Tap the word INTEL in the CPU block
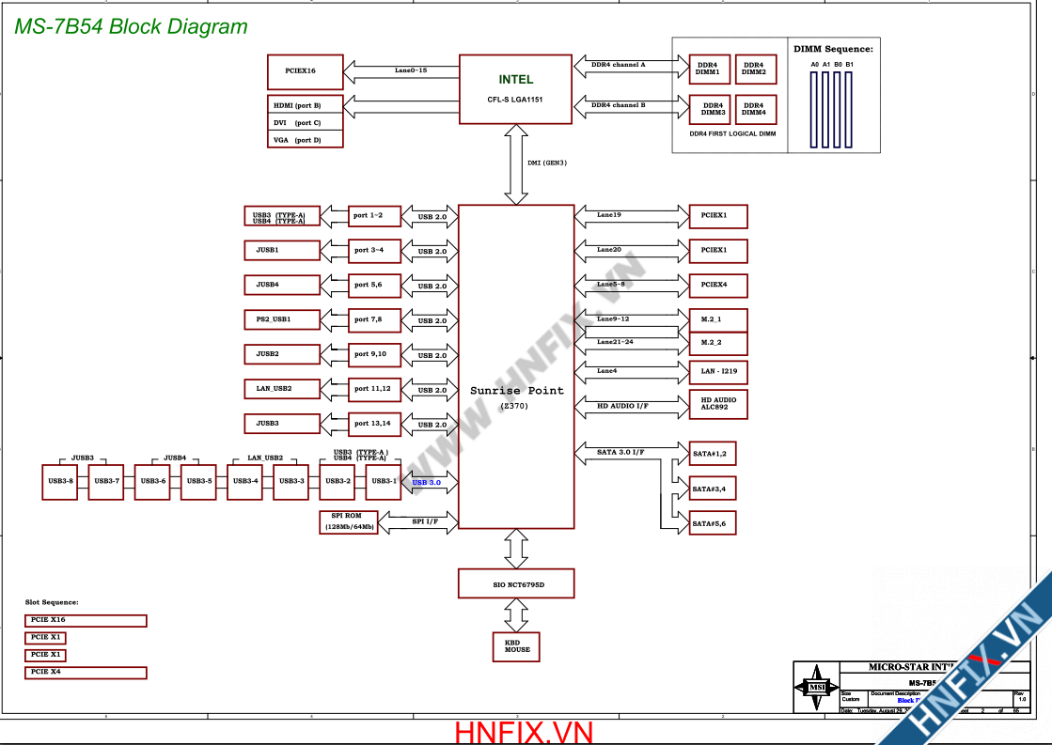(x=515, y=80)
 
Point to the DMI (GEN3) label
(x=546, y=163)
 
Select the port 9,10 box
(x=374, y=354)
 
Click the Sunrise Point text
(x=517, y=390)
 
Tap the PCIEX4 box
(x=718, y=284)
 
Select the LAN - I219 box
(x=718, y=371)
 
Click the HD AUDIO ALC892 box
(x=718, y=404)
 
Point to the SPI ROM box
(x=349, y=521)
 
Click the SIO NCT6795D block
(x=515, y=583)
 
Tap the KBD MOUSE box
(x=516, y=645)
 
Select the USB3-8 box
(x=60, y=481)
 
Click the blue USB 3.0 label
(x=426, y=483)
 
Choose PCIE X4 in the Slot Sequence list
(x=86, y=672)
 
